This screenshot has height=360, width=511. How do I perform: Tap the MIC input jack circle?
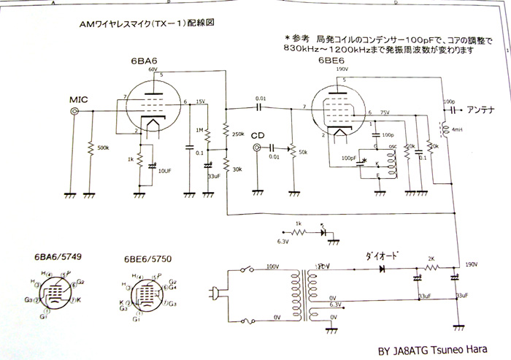(x=74, y=111)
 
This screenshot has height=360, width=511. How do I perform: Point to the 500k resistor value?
(x=101, y=148)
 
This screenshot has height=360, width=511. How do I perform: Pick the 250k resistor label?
(x=238, y=134)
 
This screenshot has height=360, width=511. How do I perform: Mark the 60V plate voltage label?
(x=153, y=69)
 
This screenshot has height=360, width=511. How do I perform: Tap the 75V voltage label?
(x=385, y=113)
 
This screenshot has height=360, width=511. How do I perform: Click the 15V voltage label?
(x=200, y=102)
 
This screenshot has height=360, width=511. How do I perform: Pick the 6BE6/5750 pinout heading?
(x=147, y=259)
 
